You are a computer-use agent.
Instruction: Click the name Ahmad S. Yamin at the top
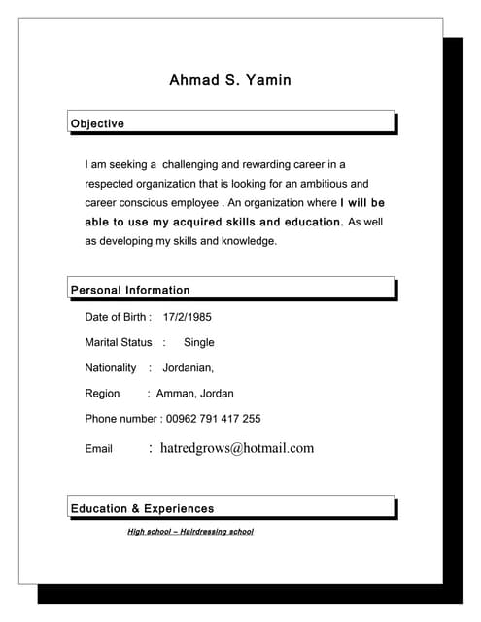230,79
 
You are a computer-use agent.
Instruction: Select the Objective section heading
97,123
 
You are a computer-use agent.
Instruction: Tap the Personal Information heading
130,290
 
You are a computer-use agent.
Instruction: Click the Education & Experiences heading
142,508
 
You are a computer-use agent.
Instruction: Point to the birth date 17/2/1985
188,317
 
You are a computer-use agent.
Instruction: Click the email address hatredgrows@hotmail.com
237,448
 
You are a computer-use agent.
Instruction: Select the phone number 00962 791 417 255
214,419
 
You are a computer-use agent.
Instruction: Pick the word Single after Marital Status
199,342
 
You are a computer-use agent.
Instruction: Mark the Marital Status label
119,342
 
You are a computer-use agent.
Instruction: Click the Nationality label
111,368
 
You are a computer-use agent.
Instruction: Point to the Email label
99,449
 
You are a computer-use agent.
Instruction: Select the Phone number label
120,419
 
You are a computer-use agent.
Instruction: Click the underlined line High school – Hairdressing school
190,532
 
